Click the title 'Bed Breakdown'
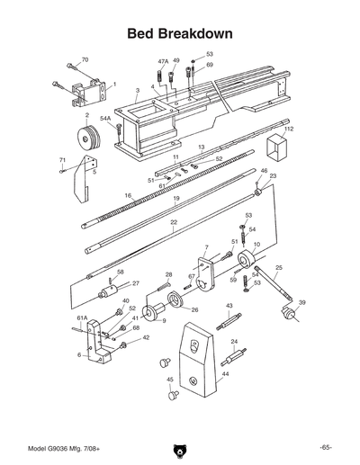pyautogui.click(x=180, y=33)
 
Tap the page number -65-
pyautogui.click(x=325, y=447)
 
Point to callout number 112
pyautogui.click(x=289, y=130)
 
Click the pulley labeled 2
pyautogui.click(x=87, y=139)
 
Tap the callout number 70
pyautogui.click(x=85, y=60)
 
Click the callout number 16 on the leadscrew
pyautogui.click(x=128, y=195)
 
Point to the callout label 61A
pyautogui.click(x=81, y=317)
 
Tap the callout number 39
pyautogui.click(x=302, y=302)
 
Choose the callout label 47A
pyautogui.click(x=163, y=60)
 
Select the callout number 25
pyautogui.click(x=279, y=268)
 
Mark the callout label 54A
pyautogui.click(x=105, y=118)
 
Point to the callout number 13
pyautogui.click(x=202, y=146)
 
